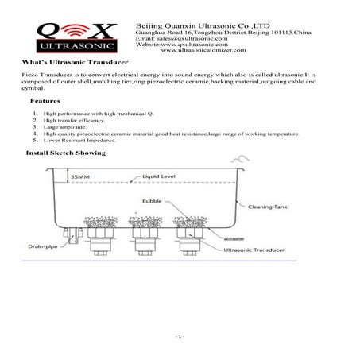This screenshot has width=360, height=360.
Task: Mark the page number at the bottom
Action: tap(180, 339)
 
